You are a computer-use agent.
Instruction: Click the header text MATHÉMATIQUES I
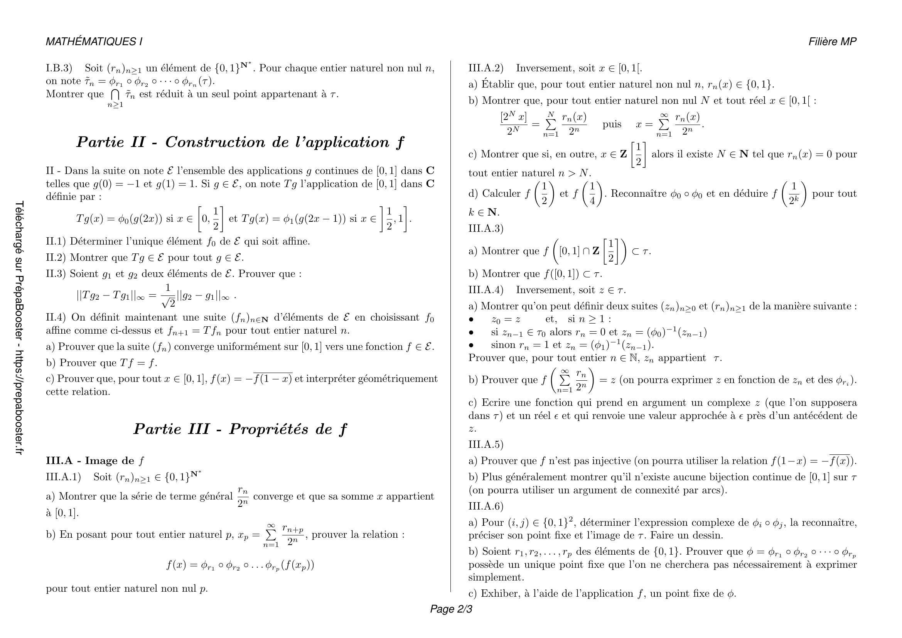point(94,42)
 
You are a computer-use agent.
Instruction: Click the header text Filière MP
point(832,42)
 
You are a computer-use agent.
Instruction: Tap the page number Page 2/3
point(451,609)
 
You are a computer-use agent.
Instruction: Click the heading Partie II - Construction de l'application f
point(240,142)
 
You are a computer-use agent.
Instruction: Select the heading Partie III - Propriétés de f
point(240,429)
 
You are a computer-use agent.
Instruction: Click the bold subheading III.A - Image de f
point(95,461)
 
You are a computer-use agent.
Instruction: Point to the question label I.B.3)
point(59,68)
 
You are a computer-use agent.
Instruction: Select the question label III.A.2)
point(486,68)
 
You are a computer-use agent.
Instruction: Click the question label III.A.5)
point(486,444)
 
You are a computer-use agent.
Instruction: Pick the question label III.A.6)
point(486,506)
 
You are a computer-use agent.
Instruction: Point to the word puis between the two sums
point(612,125)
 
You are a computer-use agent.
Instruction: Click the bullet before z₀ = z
point(471,320)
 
